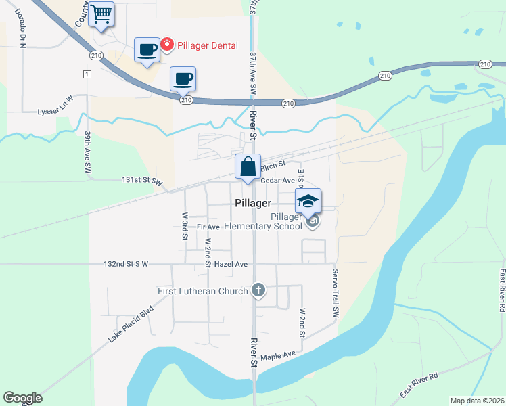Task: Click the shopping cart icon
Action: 101,14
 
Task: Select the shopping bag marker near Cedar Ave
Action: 248,166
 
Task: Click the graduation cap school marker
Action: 308,201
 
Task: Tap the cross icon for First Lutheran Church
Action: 258,291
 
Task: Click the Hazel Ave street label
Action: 231,263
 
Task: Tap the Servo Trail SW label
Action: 334,294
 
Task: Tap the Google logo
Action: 22,398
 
